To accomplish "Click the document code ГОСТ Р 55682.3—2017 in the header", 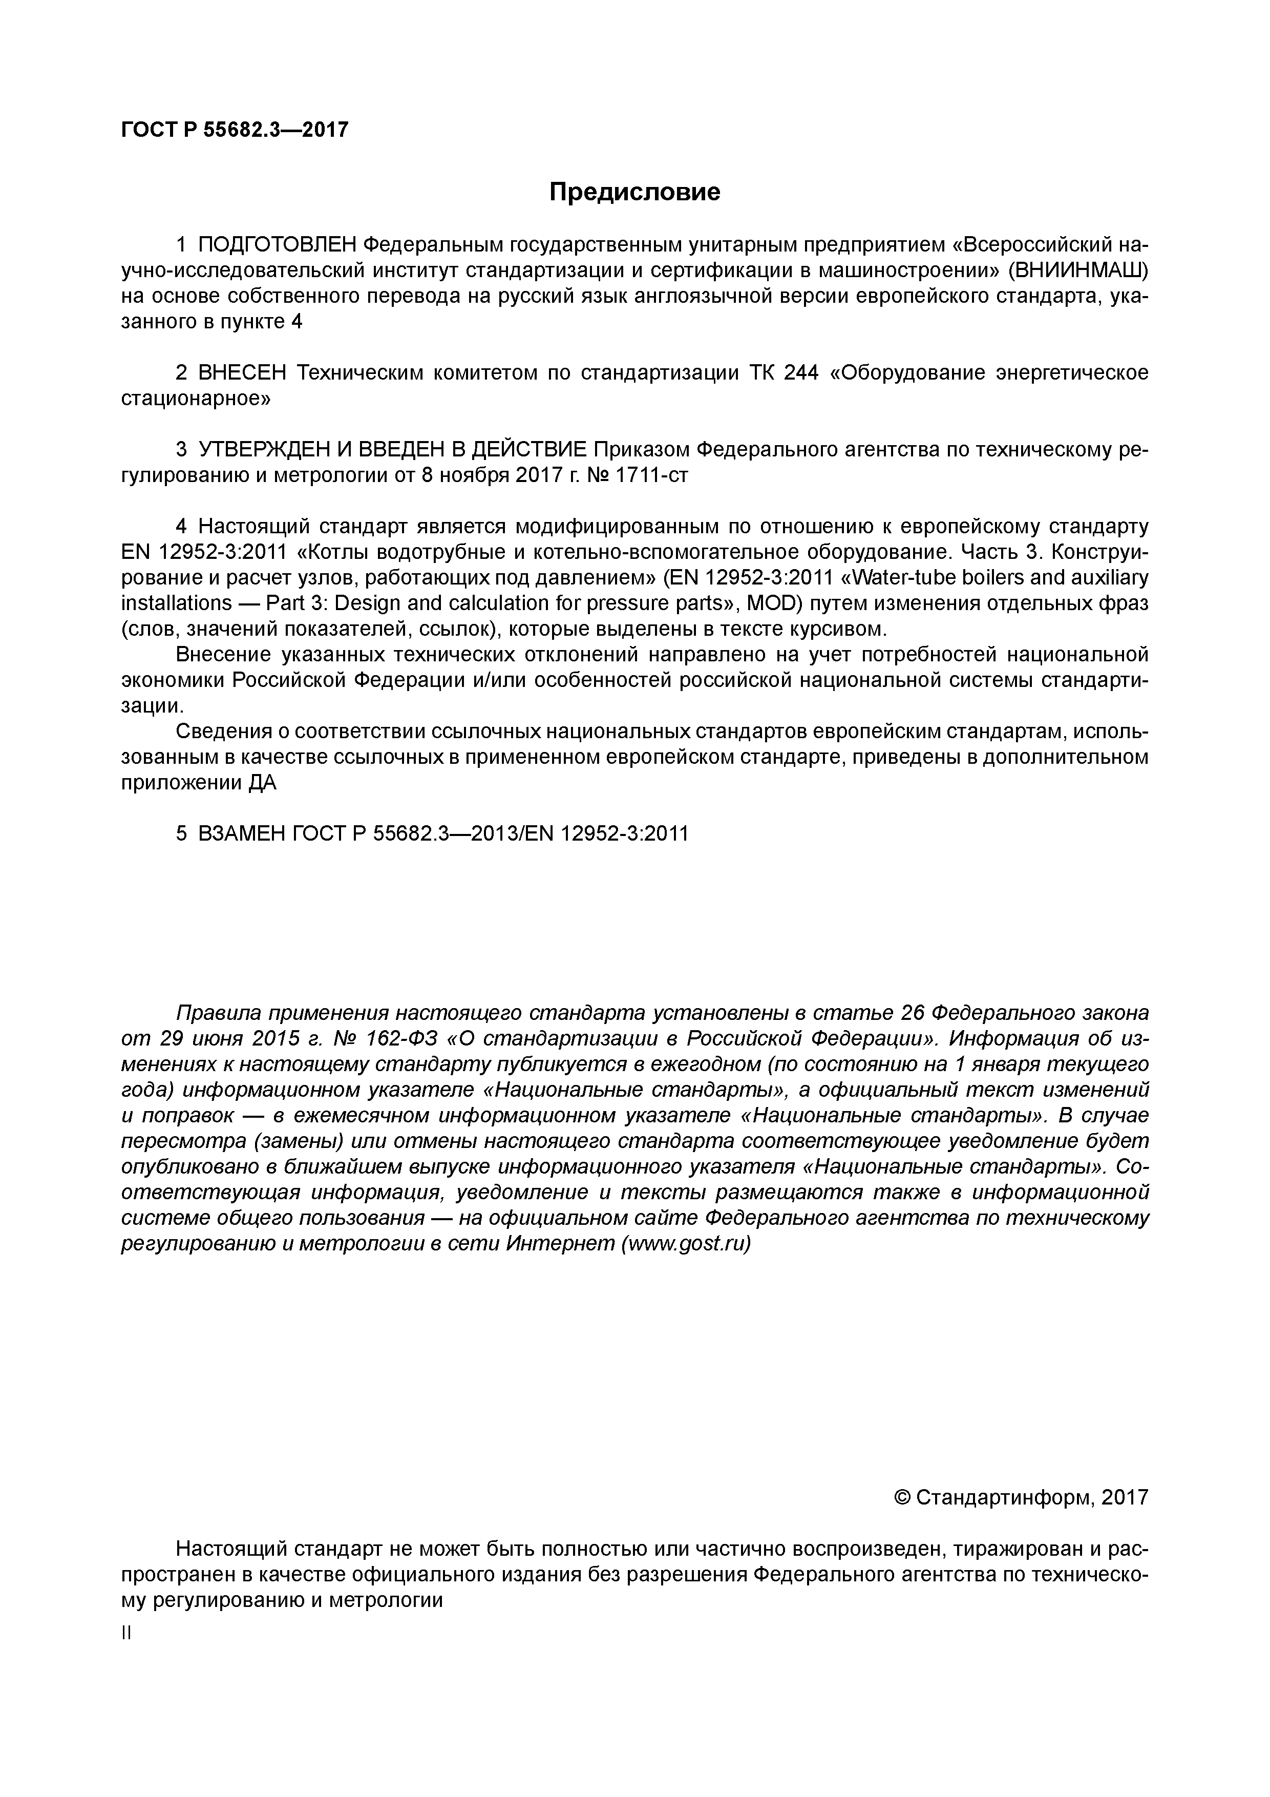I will point(235,130).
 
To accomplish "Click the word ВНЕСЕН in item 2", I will point(243,373).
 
